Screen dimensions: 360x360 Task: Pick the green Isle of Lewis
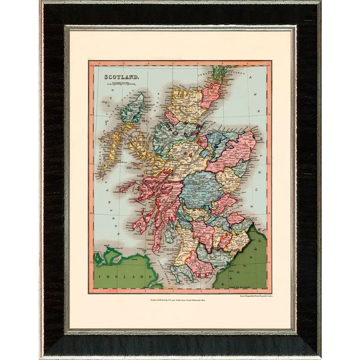click(x=136, y=107)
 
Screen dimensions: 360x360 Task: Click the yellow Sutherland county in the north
click(x=186, y=101)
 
